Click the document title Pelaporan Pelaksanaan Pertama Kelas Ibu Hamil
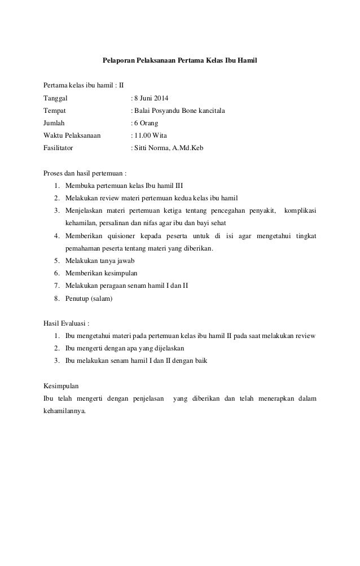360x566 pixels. (x=179, y=59)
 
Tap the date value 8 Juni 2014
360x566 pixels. (x=154, y=98)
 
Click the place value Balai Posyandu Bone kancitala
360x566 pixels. (x=179, y=111)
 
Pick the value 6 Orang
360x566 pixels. (x=146, y=123)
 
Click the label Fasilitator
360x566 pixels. (x=60, y=148)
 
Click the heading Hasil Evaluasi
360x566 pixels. (x=66, y=323)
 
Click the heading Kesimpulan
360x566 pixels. (x=62, y=387)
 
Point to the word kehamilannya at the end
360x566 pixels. (x=65, y=411)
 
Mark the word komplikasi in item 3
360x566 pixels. (x=300, y=211)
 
